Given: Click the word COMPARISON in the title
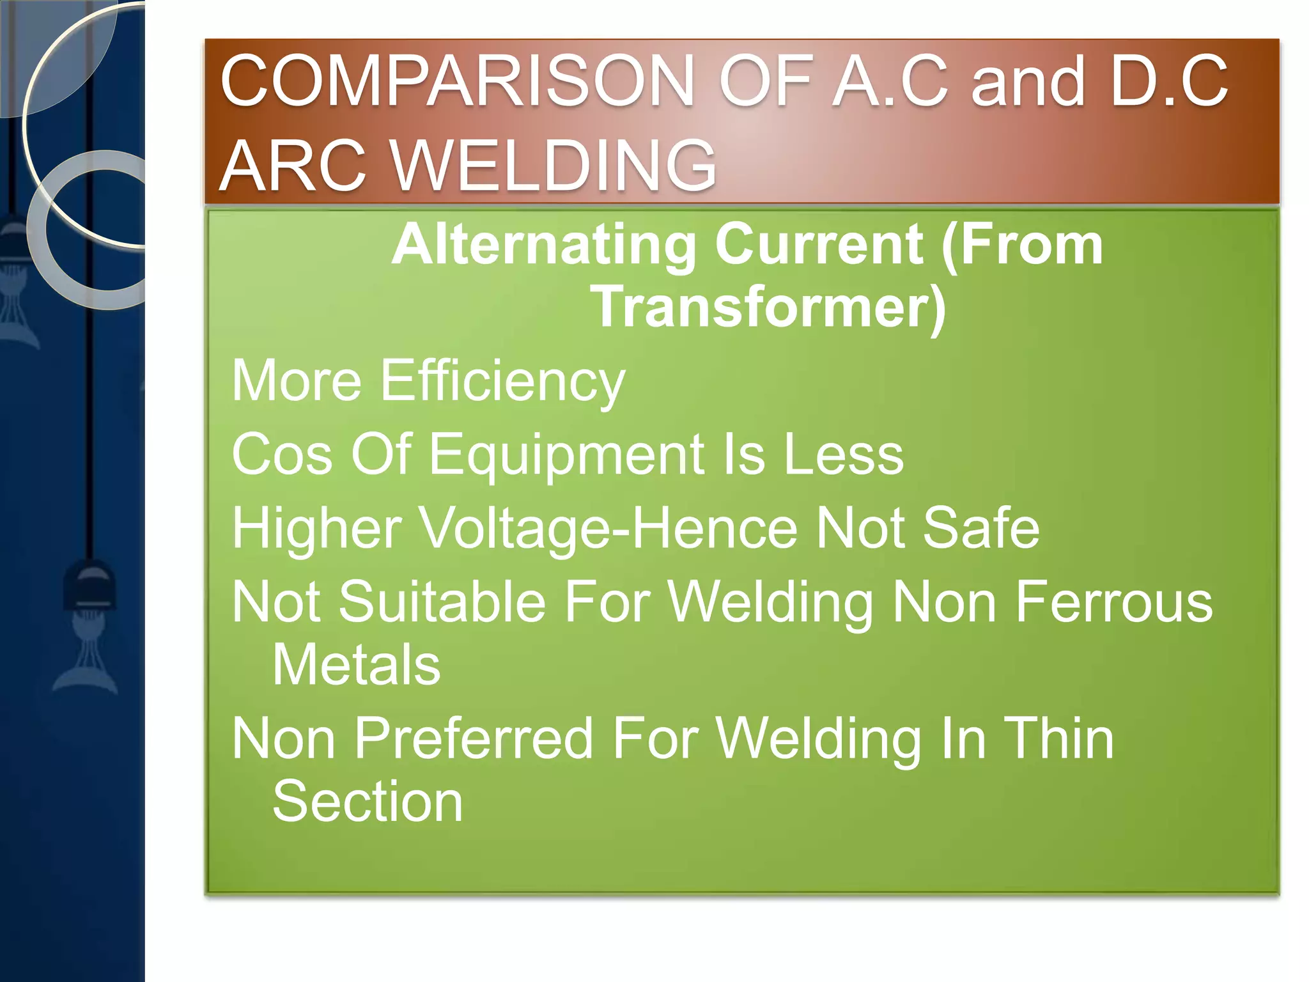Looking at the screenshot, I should coord(457,81).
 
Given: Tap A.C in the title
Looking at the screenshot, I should coord(890,81).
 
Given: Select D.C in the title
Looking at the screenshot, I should coord(1169,81).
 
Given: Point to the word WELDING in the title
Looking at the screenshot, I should coord(553,166).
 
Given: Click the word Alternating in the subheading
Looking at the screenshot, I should coord(544,245).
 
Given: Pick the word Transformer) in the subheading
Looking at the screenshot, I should coord(768,307).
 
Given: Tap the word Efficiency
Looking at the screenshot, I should coord(502,382).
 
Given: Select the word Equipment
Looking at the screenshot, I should coord(566,455).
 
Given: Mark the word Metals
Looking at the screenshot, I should coord(356,665).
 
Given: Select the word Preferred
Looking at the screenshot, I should coord(473,739).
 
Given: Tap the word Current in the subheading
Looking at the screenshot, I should coord(819,245).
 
